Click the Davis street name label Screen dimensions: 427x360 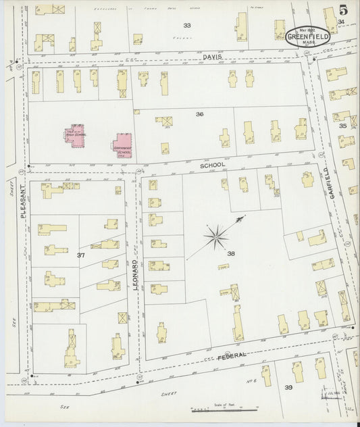click(x=212, y=58)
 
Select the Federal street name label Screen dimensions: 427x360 click(x=231, y=355)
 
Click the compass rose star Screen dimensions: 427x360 click(x=217, y=236)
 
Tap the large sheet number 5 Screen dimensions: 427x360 click(x=344, y=10)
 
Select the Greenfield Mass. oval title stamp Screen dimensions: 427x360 click(x=308, y=36)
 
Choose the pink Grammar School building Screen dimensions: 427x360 click(x=123, y=145)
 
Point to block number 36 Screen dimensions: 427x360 click(x=199, y=114)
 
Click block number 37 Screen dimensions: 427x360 click(x=80, y=255)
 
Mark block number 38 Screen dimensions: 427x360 click(x=231, y=253)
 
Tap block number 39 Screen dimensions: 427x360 click(x=288, y=387)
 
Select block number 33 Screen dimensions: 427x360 click(x=187, y=25)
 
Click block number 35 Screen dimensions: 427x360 click(x=342, y=126)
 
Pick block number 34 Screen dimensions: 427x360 click(x=341, y=22)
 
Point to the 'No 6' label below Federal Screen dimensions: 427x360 click(x=252, y=381)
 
